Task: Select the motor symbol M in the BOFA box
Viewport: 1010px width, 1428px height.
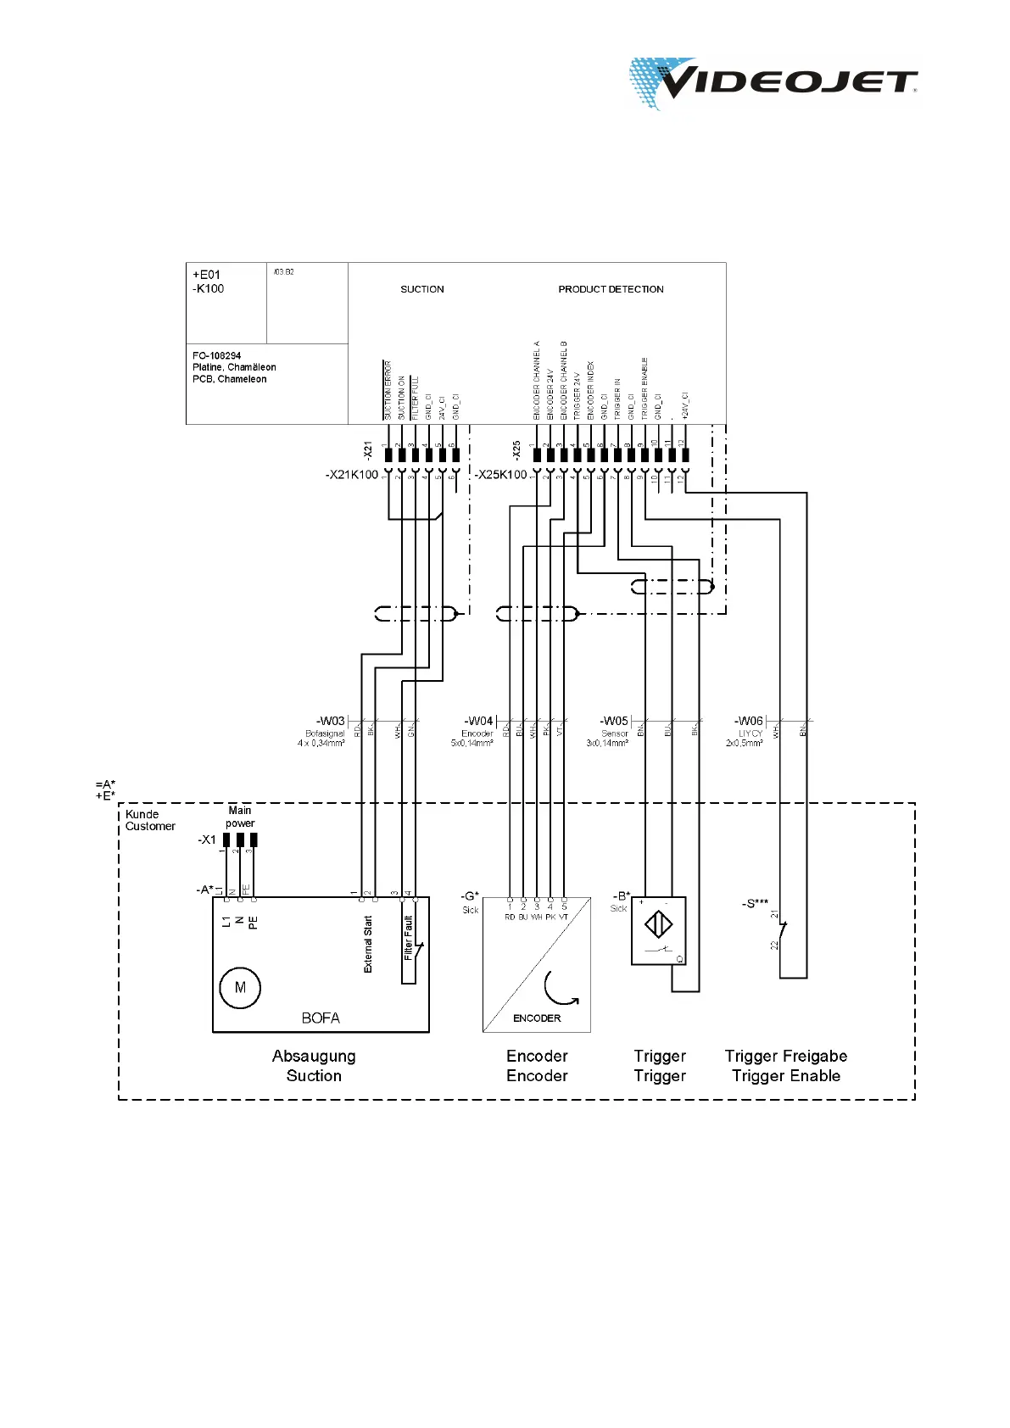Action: pos(240,988)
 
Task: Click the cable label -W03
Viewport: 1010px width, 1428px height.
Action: pos(331,722)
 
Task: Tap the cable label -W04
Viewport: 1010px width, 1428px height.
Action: pos(478,722)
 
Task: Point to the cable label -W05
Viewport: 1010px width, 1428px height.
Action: pos(614,722)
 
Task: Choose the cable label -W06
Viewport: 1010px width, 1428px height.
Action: pos(749,722)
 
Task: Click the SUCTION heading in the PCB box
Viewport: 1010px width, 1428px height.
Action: pos(422,289)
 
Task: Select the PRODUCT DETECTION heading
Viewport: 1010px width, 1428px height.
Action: pos(611,289)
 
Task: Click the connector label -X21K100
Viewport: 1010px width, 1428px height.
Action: pos(352,475)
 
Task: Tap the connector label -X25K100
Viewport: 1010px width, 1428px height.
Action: pos(500,475)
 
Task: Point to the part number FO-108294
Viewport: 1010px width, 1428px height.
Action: pos(216,356)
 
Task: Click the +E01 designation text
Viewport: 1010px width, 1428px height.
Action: pos(206,275)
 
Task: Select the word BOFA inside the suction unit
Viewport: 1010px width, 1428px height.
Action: pos(321,1018)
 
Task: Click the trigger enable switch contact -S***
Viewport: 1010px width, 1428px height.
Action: pos(782,931)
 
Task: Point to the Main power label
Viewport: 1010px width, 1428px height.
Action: pos(240,817)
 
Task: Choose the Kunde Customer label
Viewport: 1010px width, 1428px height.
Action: pos(150,820)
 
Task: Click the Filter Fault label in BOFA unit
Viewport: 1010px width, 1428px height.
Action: pos(409,938)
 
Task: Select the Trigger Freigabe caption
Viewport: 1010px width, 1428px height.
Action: pos(786,1056)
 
